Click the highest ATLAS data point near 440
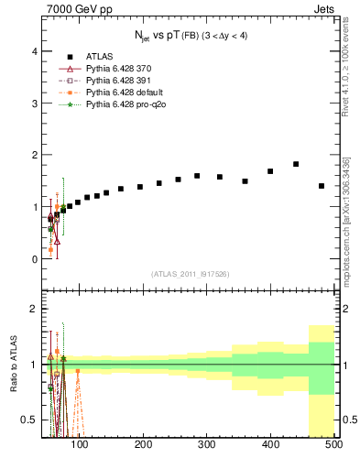(x=296, y=164)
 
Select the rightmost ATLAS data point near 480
(x=322, y=186)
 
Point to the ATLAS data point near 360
(x=245, y=181)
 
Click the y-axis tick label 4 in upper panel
(x=35, y=51)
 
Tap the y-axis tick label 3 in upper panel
(x=35, y=104)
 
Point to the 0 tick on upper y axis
(x=35, y=259)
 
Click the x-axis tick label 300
(x=207, y=445)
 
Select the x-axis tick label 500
(x=333, y=445)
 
